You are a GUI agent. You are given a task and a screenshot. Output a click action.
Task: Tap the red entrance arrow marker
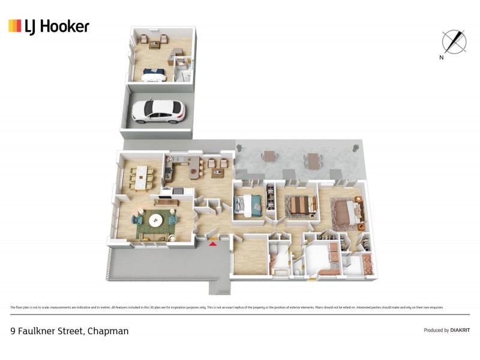coord(212,244)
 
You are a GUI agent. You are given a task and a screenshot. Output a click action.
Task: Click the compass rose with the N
coord(454,41)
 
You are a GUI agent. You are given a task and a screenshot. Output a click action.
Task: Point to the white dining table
coord(142,176)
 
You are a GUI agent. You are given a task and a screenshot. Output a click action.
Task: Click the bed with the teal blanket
coord(248,205)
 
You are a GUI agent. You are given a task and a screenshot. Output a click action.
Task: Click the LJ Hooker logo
coord(49,26)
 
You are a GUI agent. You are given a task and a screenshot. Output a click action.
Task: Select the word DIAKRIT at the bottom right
coord(460,330)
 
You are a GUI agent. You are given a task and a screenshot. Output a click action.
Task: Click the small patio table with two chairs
coord(269,157)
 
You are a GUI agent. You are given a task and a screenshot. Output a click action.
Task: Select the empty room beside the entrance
coord(250,258)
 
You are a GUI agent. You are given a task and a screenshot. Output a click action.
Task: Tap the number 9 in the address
coord(13,331)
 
